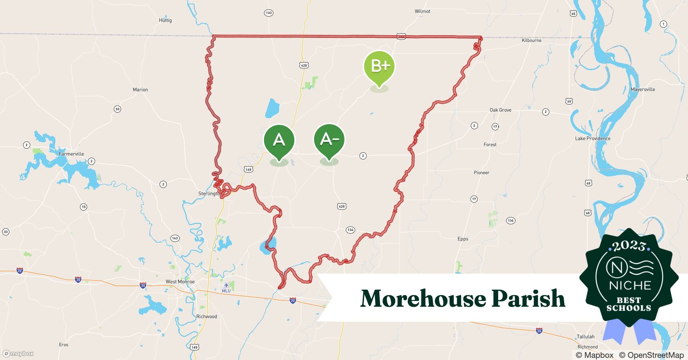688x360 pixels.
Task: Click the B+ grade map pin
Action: click(x=379, y=67)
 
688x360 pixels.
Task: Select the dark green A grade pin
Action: click(x=279, y=140)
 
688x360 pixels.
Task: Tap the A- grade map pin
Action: click(x=329, y=140)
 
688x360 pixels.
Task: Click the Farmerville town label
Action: click(x=71, y=154)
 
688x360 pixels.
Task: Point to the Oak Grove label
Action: click(x=500, y=110)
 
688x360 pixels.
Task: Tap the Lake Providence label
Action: click(x=593, y=139)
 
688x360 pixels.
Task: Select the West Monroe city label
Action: click(x=180, y=282)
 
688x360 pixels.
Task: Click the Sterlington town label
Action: click(x=209, y=194)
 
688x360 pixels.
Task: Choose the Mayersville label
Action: click(x=643, y=90)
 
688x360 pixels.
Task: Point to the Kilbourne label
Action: click(x=531, y=41)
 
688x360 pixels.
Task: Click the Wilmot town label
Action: click(x=422, y=12)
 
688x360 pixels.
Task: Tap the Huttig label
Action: click(x=165, y=21)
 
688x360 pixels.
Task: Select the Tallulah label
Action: click(x=585, y=337)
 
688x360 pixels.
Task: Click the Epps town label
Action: click(x=463, y=239)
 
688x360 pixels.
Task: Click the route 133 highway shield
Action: click(x=268, y=13)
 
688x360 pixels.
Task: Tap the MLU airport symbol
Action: click(x=226, y=286)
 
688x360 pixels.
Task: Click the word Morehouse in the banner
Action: click(x=423, y=299)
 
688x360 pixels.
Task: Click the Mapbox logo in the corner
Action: click(x=18, y=354)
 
